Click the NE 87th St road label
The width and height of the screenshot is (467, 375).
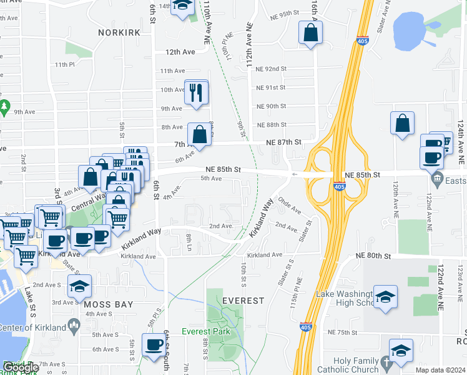(283, 142)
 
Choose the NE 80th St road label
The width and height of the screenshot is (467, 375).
(373, 256)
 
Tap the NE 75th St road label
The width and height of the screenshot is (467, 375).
(345, 332)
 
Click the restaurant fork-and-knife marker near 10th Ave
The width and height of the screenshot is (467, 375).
(197, 92)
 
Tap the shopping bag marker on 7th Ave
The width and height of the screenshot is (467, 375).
(199, 134)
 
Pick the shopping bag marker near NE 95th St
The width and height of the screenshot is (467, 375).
(310, 32)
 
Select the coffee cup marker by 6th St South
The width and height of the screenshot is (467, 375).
(154, 344)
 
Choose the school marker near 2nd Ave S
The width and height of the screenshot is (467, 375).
(79, 286)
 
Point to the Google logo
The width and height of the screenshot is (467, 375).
(20, 368)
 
